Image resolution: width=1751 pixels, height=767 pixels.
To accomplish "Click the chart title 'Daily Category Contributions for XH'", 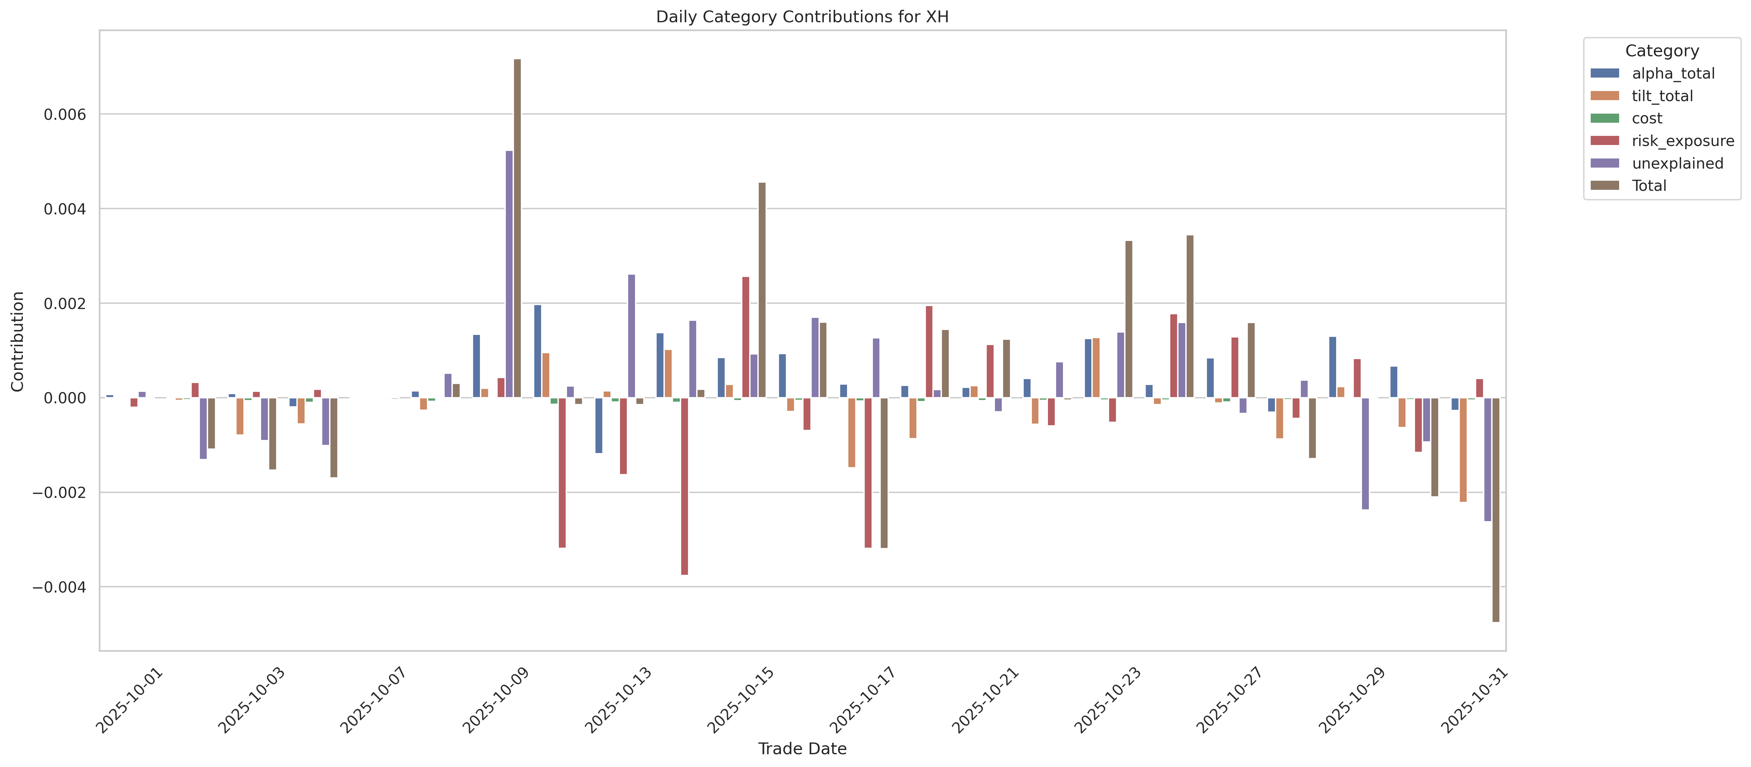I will pos(802,17).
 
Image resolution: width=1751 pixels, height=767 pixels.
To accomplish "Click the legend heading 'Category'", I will pos(1661,51).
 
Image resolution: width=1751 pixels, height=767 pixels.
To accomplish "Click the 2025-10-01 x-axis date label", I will pos(129,700).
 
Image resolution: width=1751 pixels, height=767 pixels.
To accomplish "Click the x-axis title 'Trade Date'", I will pos(802,749).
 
